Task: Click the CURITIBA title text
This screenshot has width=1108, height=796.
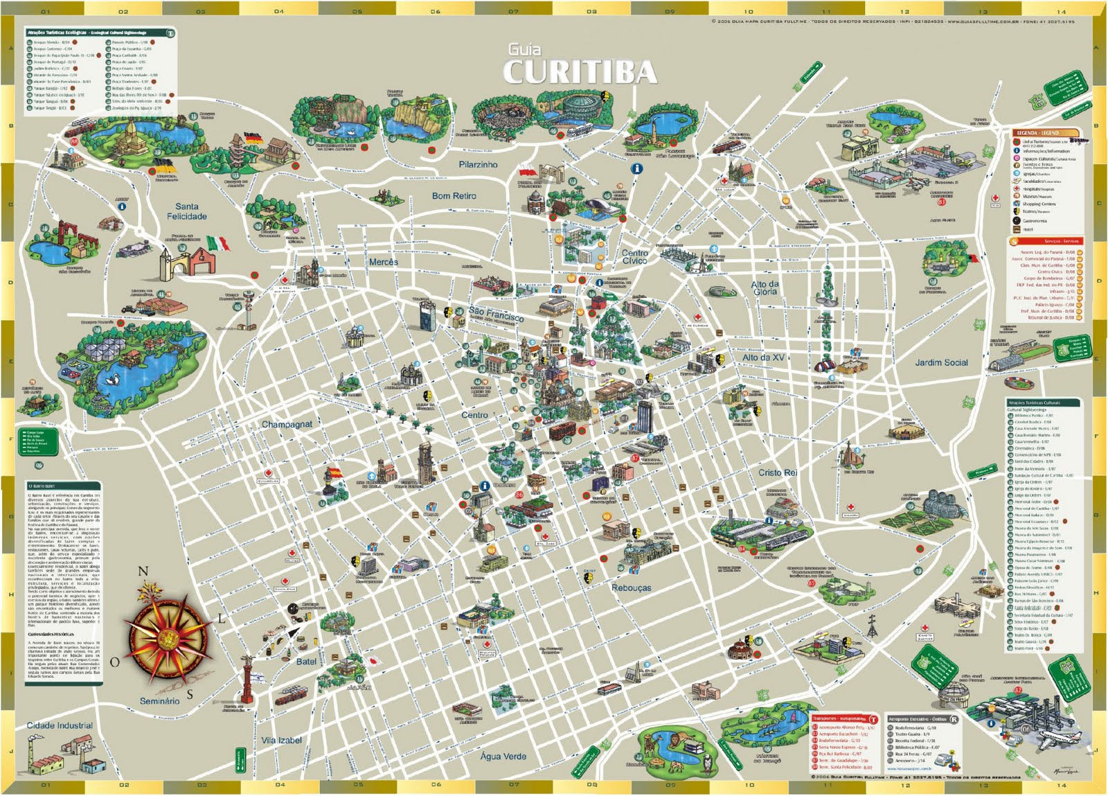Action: click(x=579, y=72)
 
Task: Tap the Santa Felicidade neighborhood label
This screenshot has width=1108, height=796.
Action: click(x=186, y=211)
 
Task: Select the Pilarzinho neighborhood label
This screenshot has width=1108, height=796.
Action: click(x=478, y=165)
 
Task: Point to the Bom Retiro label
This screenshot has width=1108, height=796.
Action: click(x=454, y=196)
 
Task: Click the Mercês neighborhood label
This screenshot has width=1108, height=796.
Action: click(x=383, y=262)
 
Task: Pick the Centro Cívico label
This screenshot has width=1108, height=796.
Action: click(x=634, y=257)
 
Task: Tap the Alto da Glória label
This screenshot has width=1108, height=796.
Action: click(x=765, y=288)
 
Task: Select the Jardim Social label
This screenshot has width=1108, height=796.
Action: click(x=941, y=362)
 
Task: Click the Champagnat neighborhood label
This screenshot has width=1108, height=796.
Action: click(x=287, y=424)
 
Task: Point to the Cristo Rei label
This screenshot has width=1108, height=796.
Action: click(x=777, y=472)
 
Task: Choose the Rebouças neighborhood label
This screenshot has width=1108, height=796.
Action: click(x=631, y=587)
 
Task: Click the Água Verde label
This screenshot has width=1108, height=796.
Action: click(x=503, y=756)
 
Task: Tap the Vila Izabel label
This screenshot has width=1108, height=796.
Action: click(x=281, y=740)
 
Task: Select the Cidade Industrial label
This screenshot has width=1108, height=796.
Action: click(x=60, y=725)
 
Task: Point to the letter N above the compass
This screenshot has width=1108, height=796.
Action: click(x=143, y=572)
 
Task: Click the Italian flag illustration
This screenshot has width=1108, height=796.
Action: click(x=217, y=244)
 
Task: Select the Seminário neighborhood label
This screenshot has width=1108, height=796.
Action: click(x=159, y=701)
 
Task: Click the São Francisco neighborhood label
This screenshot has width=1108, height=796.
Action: click(x=496, y=315)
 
